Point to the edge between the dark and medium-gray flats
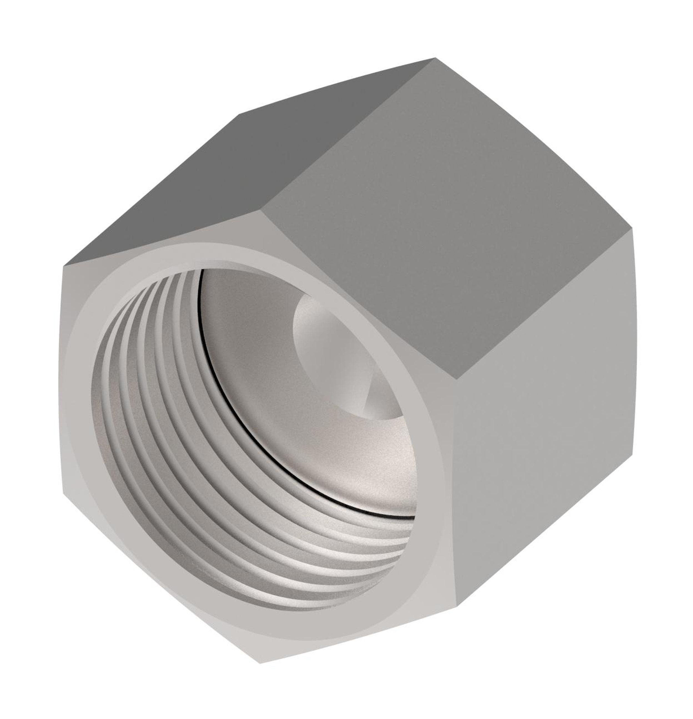(349, 136)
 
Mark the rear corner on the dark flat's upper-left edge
(239, 114)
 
